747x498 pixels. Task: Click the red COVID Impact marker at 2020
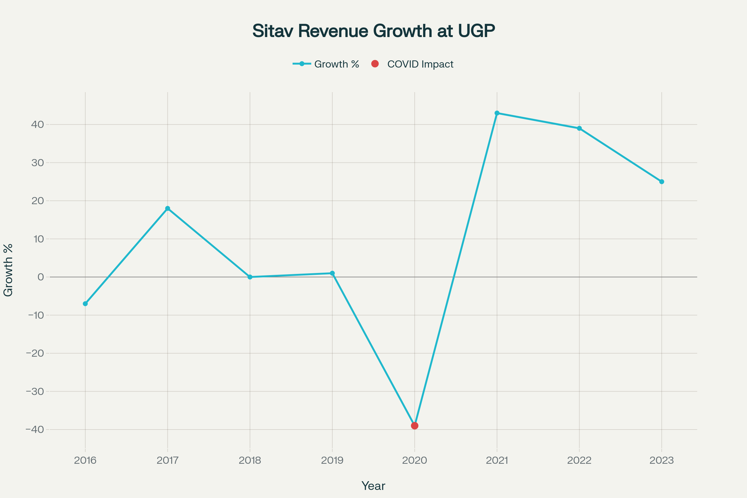point(415,425)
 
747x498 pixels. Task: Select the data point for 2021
point(497,113)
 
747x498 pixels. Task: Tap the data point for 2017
point(168,208)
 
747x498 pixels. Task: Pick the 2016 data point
point(85,304)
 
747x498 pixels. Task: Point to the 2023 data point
point(662,182)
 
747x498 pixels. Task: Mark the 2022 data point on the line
point(579,128)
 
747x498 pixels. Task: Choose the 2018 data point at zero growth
point(250,277)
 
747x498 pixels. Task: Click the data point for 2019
point(332,273)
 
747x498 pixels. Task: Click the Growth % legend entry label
point(336,64)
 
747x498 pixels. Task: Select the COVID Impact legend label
point(420,64)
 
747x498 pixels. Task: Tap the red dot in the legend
point(375,64)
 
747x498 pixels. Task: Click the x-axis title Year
point(373,486)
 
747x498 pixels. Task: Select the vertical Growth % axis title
point(8,270)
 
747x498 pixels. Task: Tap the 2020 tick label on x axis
point(415,461)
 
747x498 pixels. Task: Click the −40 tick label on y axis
point(35,430)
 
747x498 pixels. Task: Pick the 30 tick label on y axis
point(37,163)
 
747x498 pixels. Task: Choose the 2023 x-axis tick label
point(662,461)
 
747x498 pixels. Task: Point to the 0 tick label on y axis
point(41,277)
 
